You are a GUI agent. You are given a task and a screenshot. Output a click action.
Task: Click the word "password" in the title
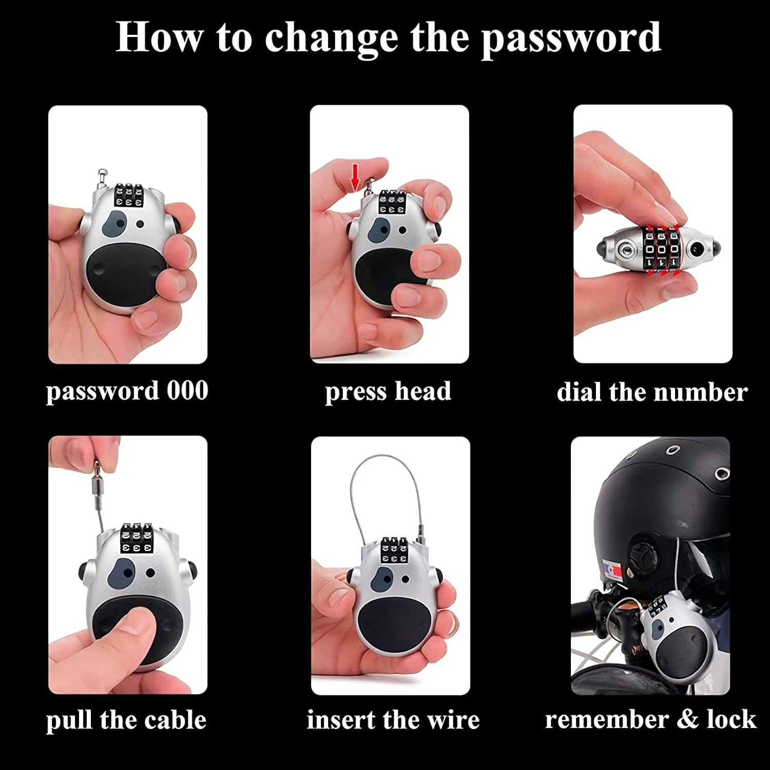coord(571,38)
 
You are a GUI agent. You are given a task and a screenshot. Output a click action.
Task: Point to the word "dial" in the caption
coord(580,392)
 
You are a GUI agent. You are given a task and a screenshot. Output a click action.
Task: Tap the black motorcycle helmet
coord(665,513)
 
